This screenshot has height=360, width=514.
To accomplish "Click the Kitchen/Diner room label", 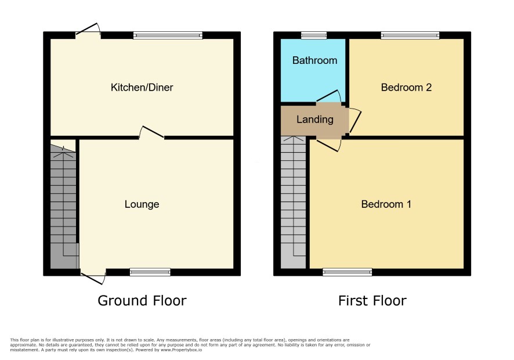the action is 142,87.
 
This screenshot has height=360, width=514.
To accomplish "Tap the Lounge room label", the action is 142,204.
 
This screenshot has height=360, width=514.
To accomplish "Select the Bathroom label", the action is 314,60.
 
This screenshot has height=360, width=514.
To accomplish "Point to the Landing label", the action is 314,120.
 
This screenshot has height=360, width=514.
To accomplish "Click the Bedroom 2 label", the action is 406,87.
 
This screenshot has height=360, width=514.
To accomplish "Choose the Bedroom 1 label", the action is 386,204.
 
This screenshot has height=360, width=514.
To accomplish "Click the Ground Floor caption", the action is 142,301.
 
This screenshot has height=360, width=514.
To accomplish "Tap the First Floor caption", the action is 372,301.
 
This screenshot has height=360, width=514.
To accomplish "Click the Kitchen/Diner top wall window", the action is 168,35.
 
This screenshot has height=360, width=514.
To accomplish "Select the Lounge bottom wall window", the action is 150,272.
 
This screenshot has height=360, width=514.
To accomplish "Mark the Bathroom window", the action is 314,35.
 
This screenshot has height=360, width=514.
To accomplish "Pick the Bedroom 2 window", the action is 410,35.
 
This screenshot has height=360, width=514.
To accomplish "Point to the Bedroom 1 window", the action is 348,272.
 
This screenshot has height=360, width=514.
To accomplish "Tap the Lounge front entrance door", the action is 93,276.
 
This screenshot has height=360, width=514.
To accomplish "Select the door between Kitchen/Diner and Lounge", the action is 151,132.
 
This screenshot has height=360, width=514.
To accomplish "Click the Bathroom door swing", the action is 329,96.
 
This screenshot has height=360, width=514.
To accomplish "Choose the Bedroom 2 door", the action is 354,120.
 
